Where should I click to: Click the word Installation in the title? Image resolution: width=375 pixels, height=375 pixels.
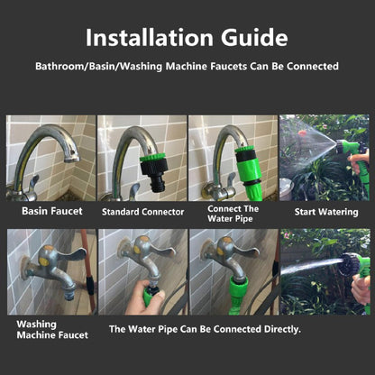(x=150, y=38)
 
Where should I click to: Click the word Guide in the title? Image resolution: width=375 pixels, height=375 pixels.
(x=254, y=38)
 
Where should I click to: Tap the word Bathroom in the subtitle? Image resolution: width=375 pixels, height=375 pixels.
(x=60, y=66)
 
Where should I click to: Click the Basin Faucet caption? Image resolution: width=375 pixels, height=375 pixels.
(x=52, y=211)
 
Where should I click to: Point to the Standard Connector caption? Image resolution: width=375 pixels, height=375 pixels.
(x=142, y=212)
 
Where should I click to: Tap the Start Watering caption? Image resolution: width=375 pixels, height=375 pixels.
(x=326, y=212)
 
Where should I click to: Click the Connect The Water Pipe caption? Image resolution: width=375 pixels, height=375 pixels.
(x=233, y=214)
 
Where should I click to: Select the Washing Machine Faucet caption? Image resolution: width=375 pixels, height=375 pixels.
(x=52, y=330)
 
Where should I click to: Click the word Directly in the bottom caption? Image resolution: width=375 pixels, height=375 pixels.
(x=282, y=329)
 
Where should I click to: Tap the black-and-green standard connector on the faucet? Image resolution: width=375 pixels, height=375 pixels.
(x=153, y=171)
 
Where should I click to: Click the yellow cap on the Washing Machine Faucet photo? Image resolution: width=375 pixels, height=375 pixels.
(x=44, y=261)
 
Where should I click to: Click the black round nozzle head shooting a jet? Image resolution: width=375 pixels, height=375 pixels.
(x=350, y=264)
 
